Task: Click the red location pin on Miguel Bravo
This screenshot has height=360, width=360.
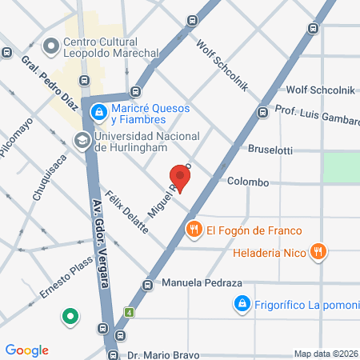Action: tap(182, 177)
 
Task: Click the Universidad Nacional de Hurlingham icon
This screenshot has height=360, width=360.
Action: tap(82, 141)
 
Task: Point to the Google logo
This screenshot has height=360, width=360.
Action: tap(27, 350)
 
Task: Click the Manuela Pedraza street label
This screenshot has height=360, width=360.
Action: tap(202, 283)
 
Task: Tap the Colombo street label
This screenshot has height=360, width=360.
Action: tap(247, 182)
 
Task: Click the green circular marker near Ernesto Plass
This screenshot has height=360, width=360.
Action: tap(70, 317)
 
